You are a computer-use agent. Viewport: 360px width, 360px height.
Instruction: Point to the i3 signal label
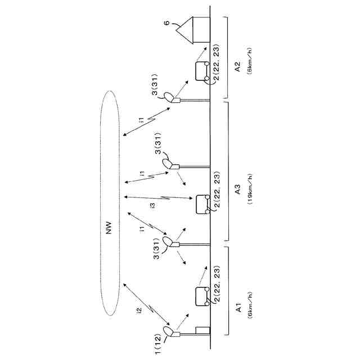152,206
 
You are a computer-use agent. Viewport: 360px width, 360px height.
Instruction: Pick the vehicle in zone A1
201,295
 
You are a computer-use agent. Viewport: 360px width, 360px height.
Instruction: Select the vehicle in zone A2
201,72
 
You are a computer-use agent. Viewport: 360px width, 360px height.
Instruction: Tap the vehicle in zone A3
201,204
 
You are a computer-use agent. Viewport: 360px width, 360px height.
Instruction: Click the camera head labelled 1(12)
168,330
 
